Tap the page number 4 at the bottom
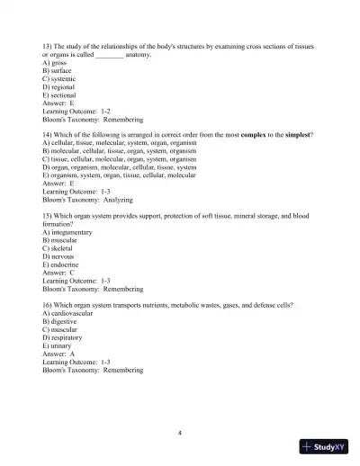pyautogui.click(x=181, y=432)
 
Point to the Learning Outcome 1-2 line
pyautogui.click(x=82, y=109)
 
